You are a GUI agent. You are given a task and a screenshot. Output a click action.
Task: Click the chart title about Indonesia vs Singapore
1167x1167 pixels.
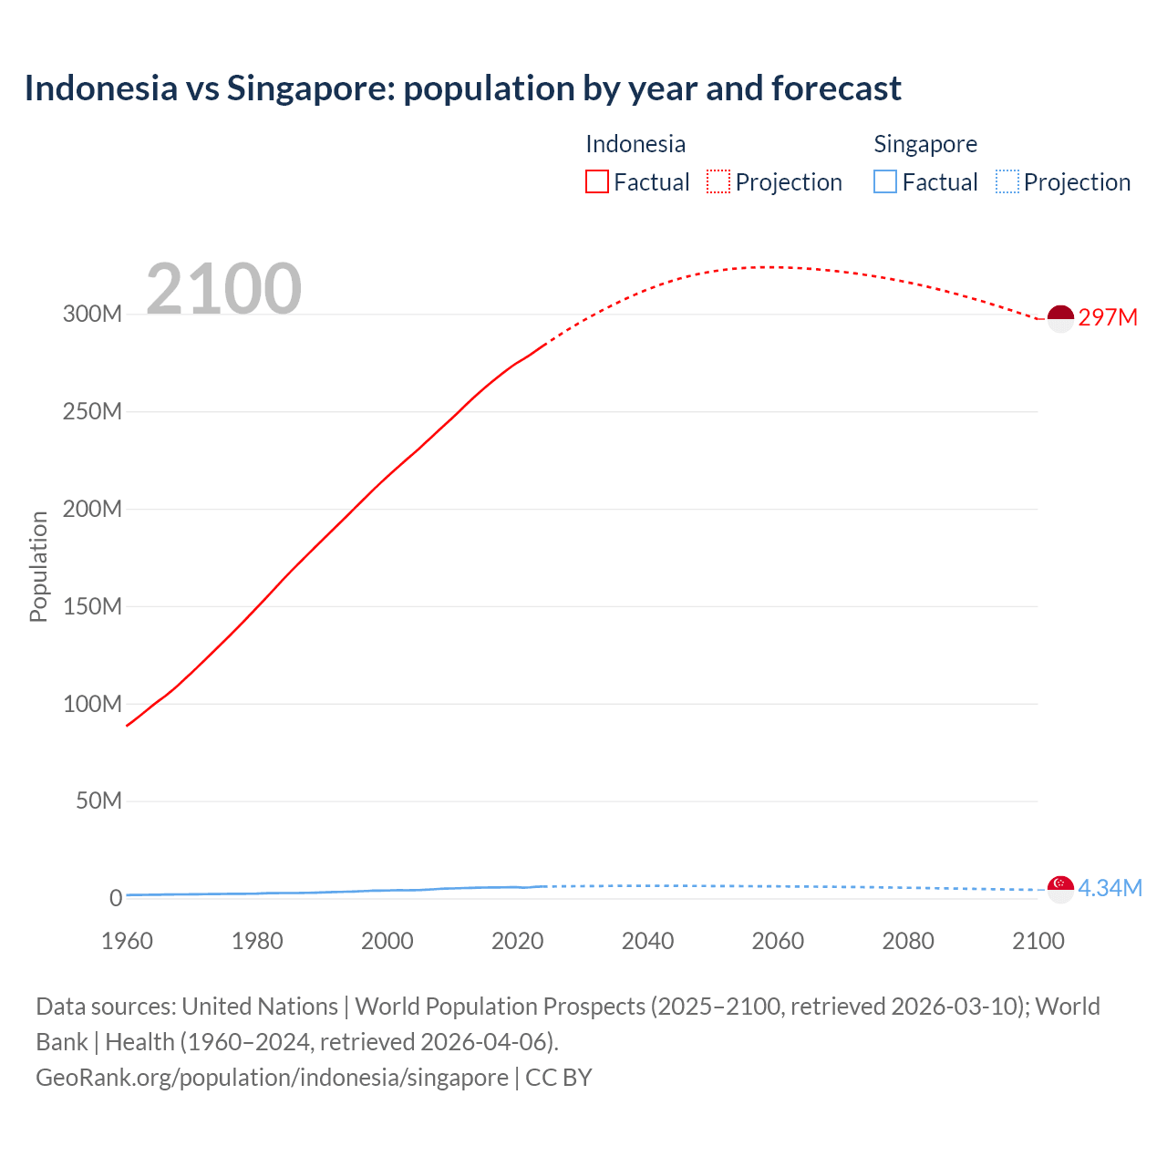pos(462,88)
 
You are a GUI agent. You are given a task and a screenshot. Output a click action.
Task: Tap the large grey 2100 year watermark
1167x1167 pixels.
pos(223,289)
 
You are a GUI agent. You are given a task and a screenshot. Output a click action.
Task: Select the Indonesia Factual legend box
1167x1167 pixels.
pos(597,181)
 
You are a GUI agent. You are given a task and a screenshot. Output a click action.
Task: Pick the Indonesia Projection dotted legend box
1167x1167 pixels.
pos(718,181)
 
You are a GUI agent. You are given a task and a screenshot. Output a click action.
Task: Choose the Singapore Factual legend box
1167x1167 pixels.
pos(885,181)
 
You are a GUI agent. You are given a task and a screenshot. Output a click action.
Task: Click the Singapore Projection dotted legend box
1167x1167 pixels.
pos(1007,181)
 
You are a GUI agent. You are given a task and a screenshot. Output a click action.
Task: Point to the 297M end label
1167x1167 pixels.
pos(1108,317)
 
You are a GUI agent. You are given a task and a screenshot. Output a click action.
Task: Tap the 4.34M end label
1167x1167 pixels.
pos(1110,888)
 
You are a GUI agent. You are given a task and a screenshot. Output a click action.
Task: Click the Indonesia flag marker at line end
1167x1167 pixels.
pos(1060,318)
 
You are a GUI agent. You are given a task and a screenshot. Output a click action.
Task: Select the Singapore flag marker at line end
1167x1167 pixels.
pos(1060,888)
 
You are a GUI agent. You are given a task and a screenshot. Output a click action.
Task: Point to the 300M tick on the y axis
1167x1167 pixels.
pos(92,314)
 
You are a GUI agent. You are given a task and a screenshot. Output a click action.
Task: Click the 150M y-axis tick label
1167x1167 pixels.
pos(92,606)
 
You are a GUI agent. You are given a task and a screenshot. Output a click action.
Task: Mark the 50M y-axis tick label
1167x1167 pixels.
pos(98,800)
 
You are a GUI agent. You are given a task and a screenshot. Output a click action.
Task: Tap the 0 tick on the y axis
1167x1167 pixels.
pos(116,898)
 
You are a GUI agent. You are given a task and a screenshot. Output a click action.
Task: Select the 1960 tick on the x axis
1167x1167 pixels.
pos(127,941)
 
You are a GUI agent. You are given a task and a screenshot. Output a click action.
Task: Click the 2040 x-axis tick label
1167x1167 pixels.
pos(647,941)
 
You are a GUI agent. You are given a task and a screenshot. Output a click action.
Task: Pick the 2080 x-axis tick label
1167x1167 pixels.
pos(908,941)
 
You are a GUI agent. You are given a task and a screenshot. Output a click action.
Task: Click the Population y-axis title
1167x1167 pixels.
pos(38,566)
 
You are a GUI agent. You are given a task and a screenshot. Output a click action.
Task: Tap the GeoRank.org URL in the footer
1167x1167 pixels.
pos(272,1077)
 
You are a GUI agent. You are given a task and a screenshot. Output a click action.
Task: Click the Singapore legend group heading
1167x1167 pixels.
pos(925,144)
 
